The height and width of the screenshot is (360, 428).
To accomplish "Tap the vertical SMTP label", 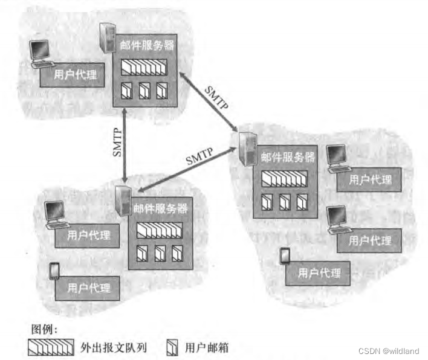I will click(118, 143).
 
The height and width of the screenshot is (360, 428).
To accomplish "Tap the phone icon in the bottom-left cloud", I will click(54, 271).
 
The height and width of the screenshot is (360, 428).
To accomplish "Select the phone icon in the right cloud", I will click(285, 256).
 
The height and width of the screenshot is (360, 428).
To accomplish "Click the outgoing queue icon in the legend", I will click(52, 347).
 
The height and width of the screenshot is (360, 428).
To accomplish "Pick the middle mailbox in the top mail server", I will click(145, 91).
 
